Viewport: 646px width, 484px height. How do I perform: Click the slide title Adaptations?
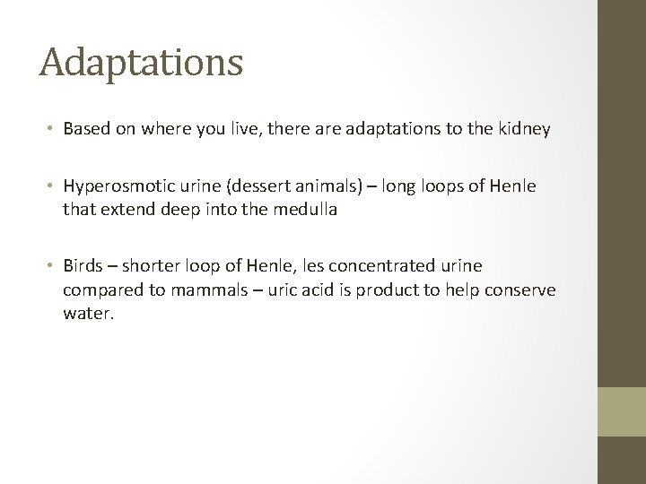pos(141,63)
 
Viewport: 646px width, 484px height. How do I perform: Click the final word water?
pos(88,315)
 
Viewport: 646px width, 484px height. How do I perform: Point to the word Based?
pos(86,129)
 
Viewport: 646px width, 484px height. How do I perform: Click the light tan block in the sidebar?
pos(622,411)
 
